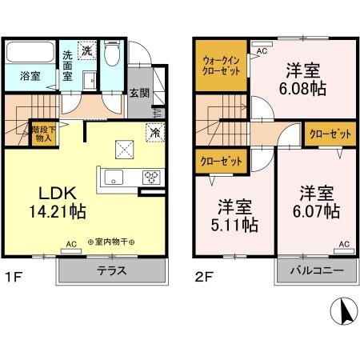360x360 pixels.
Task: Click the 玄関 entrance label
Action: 139,92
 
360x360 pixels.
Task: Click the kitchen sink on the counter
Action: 112,177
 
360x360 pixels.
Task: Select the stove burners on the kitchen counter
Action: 150,177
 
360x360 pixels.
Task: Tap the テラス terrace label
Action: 111,270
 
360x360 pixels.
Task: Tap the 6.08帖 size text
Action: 302,88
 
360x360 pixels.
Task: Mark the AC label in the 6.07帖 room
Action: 345,243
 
